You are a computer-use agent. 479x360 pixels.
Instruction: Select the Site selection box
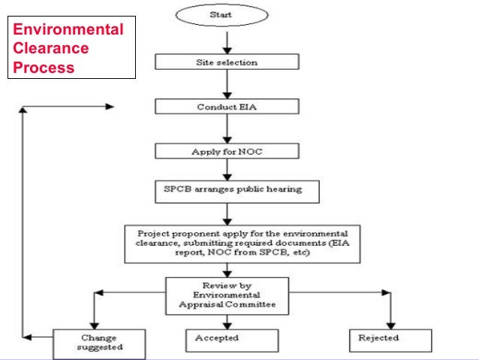click(x=226, y=62)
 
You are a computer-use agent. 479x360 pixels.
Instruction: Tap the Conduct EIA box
click(x=226, y=107)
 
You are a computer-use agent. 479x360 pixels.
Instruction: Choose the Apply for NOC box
click(x=226, y=151)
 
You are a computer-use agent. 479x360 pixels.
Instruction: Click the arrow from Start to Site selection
click(x=226, y=40)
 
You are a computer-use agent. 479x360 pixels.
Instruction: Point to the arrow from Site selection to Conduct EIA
click(x=226, y=83)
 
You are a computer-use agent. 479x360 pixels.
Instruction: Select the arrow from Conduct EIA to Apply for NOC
click(x=226, y=129)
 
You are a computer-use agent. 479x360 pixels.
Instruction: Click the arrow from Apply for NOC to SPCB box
click(x=226, y=169)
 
